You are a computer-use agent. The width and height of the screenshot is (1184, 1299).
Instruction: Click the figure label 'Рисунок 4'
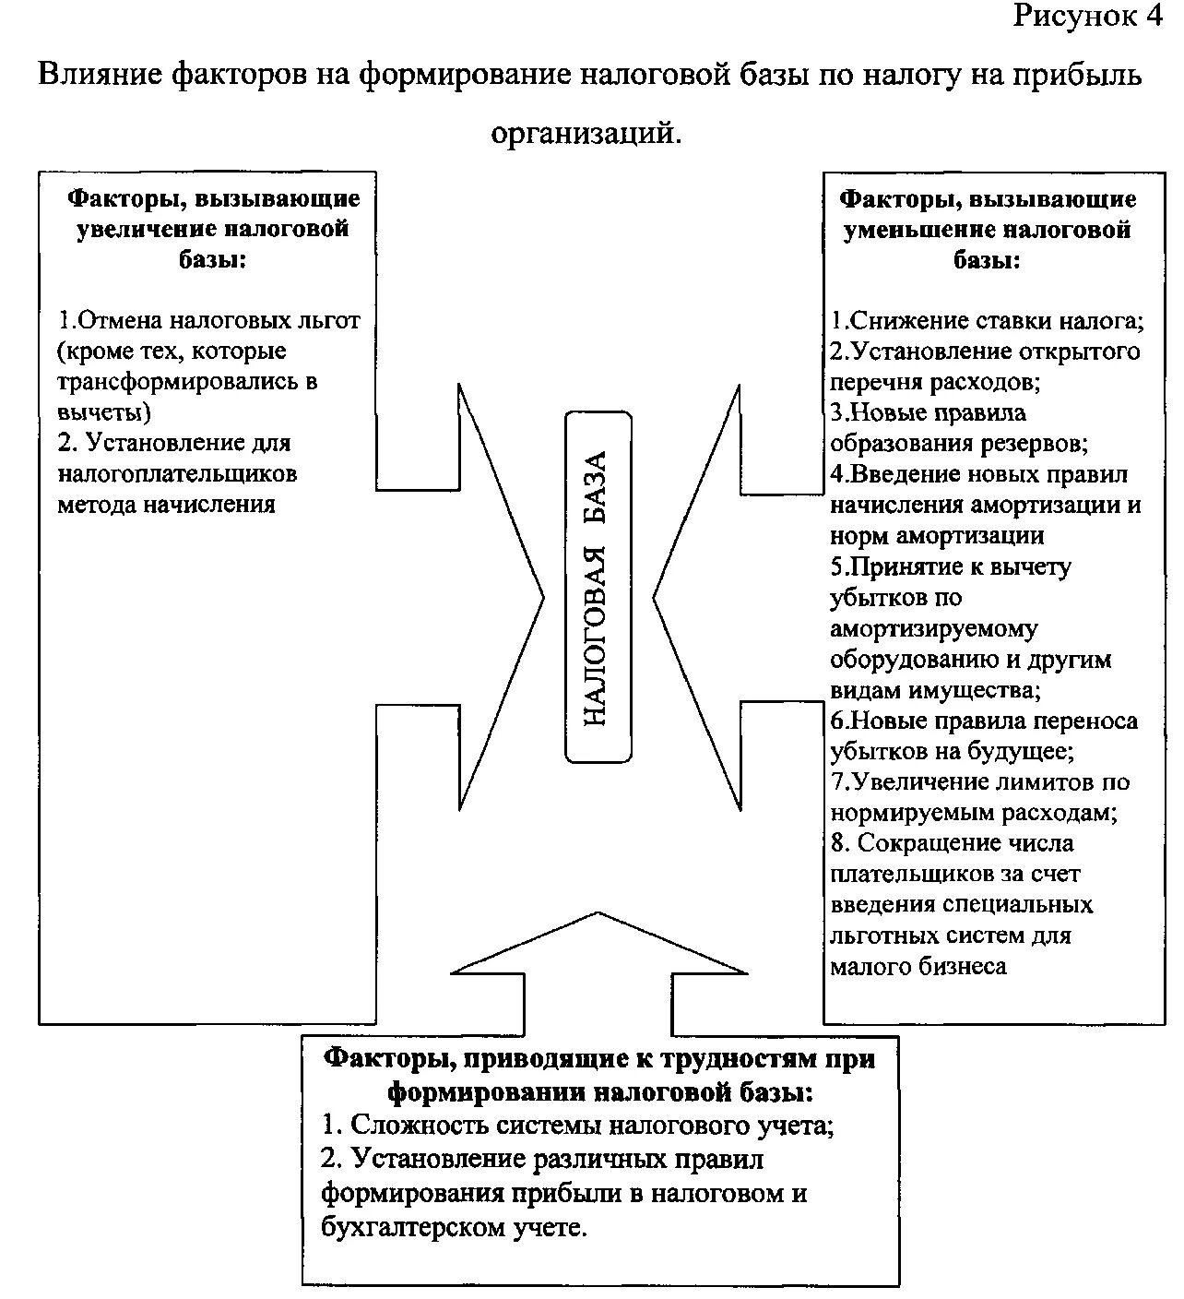[1087, 17]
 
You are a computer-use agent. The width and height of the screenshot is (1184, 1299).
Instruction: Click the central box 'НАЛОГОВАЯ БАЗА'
[598, 587]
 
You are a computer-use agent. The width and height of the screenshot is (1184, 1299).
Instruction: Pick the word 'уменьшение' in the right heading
[918, 229]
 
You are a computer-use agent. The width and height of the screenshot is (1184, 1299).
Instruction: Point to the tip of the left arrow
[544, 597]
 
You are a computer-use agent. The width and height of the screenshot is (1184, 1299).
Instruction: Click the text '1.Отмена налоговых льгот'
[209, 321]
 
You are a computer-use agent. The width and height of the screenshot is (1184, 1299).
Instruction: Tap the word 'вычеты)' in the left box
[104, 412]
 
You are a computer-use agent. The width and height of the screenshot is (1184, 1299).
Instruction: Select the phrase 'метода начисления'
[167, 505]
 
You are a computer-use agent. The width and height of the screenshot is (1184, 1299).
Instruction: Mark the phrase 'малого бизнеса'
[918, 966]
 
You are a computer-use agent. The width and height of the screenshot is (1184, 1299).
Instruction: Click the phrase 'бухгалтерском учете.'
[454, 1227]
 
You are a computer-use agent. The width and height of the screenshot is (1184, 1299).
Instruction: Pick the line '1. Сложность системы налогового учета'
[578, 1126]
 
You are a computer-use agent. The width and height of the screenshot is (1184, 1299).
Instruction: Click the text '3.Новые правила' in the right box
[928, 412]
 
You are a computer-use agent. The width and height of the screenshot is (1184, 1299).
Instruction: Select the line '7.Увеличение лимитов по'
[980, 782]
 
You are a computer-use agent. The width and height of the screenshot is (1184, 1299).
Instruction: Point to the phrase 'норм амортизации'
[937, 536]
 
